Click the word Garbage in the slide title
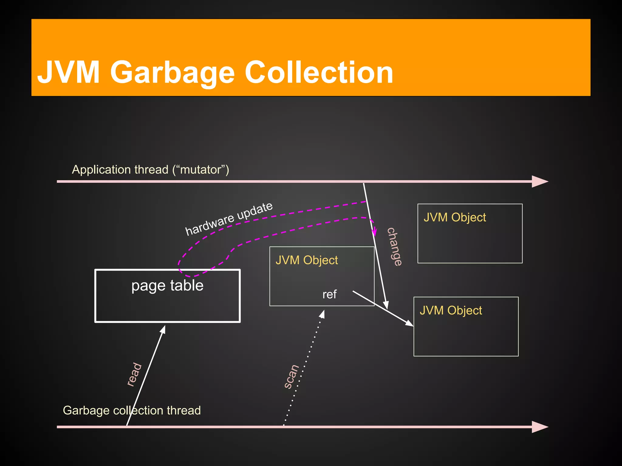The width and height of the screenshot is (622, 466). click(x=172, y=73)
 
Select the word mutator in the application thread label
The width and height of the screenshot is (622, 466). click(x=200, y=170)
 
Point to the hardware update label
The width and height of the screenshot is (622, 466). click(x=229, y=219)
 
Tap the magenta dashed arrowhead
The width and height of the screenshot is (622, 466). click(x=375, y=232)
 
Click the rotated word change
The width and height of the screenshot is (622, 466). click(x=395, y=247)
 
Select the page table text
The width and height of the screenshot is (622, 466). click(x=167, y=285)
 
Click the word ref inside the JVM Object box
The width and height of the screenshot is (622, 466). click(x=330, y=294)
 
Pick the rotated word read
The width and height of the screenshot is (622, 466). click(x=134, y=374)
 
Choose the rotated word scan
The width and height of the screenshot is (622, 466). click(x=292, y=377)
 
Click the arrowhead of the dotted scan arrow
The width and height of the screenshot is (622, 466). click(x=323, y=314)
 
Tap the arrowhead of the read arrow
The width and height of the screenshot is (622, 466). click(x=163, y=329)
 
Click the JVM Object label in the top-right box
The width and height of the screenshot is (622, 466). click(x=455, y=218)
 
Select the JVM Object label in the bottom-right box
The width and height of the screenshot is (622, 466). click(x=451, y=310)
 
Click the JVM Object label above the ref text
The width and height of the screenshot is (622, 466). click(x=307, y=260)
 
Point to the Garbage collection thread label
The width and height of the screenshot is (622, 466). click(x=132, y=410)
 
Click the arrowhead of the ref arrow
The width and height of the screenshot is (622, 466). click(x=409, y=324)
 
